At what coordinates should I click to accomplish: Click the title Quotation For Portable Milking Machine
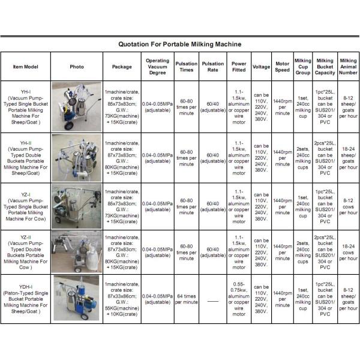pos(180,44)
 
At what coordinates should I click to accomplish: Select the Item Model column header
pos(25,67)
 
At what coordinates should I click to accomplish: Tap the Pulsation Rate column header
pos(213,67)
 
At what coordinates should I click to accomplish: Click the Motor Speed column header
pos(282,67)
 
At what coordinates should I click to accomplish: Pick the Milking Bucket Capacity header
pos(325,67)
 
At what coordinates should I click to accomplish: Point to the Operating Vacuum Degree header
pos(157,67)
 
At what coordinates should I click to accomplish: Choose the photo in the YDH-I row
pos(76,297)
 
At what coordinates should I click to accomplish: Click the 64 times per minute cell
pos(186,298)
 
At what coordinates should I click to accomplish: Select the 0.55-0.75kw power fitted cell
pos(239,298)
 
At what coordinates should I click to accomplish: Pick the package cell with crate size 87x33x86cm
pos(122,298)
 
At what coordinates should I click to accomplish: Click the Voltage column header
pos(261,67)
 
